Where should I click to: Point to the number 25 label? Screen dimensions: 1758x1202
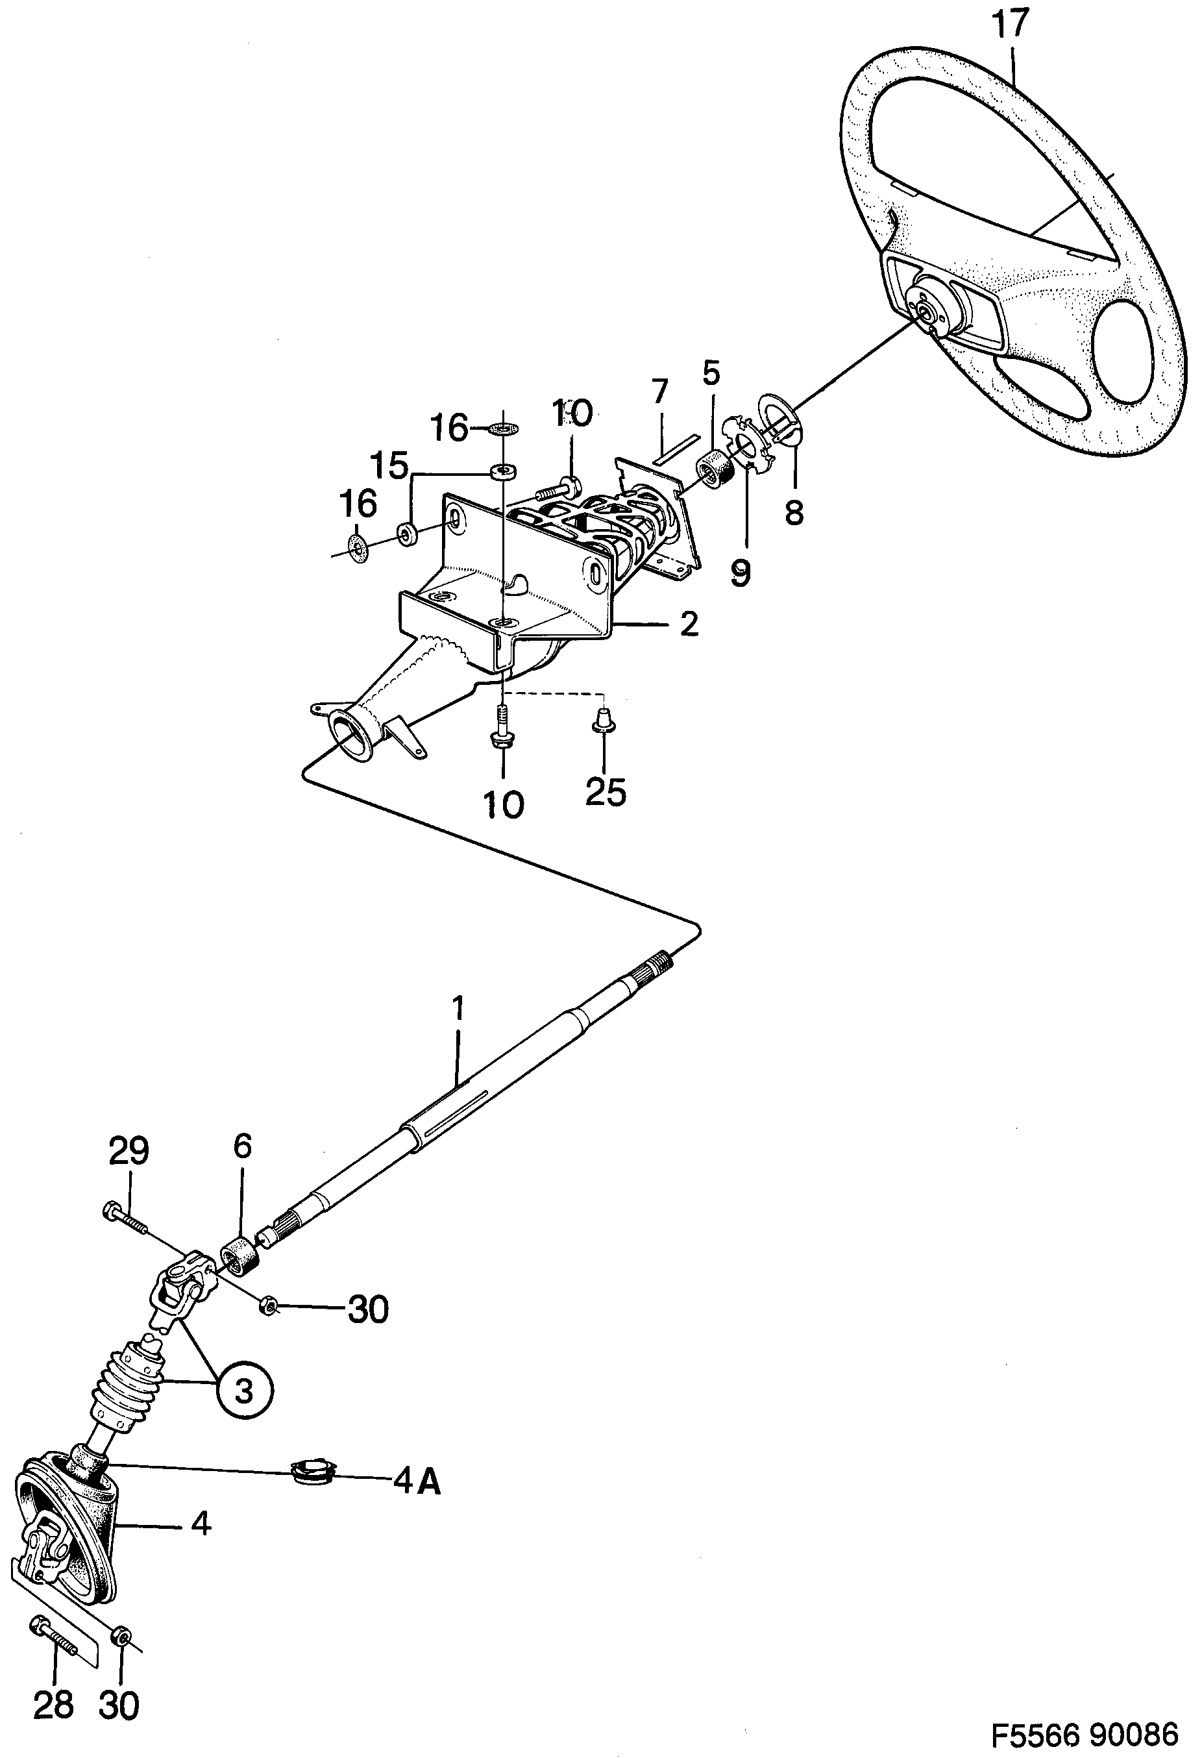(x=606, y=791)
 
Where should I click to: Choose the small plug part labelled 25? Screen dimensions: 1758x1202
(x=603, y=718)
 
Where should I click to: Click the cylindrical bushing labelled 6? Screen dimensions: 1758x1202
(x=241, y=1254)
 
